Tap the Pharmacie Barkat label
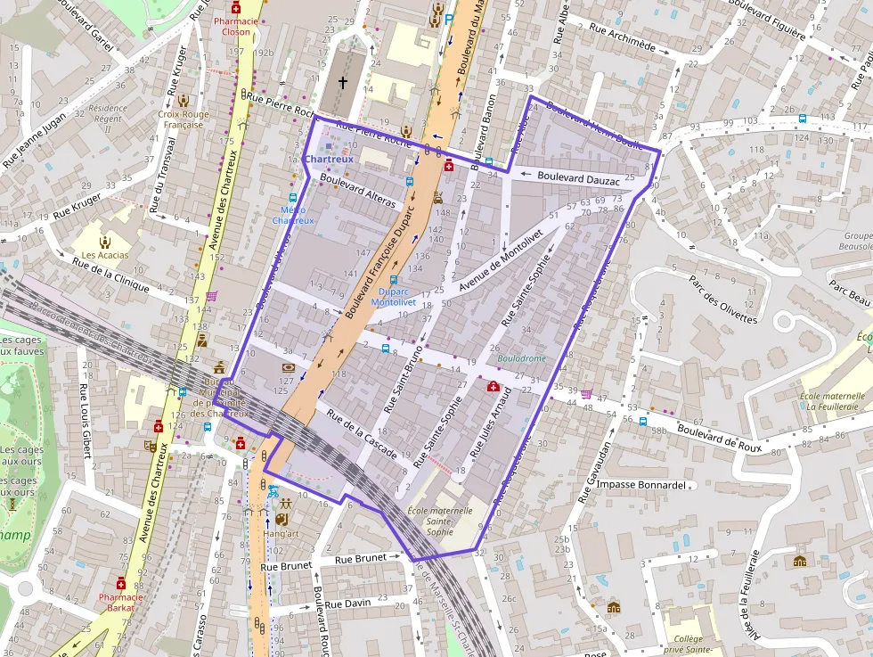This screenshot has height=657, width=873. (121, 603)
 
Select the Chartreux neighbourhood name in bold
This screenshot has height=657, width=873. (329, 160)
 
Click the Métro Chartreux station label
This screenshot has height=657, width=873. (293, 215)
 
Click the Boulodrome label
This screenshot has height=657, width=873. (521, 358)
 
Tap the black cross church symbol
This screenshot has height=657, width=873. (342, 82)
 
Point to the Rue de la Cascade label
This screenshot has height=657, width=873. (361, 435)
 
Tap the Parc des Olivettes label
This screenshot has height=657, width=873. (722, 300)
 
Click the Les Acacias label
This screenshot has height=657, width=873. (105, 255)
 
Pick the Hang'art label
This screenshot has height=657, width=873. (281, 533)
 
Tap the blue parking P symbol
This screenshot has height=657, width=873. (449, 17)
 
